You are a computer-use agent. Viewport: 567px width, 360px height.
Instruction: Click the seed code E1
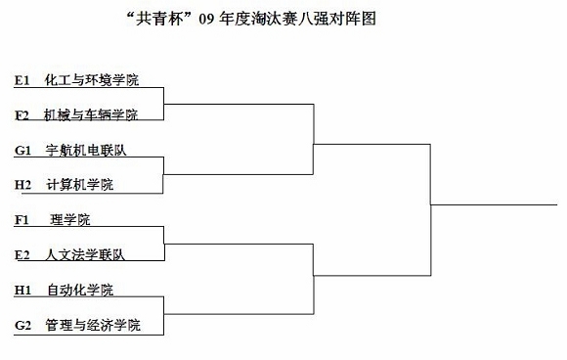coord(22,80)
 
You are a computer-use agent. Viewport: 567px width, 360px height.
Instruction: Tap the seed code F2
coord(22,115)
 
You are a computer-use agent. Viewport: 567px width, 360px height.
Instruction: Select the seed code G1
coord(22,151)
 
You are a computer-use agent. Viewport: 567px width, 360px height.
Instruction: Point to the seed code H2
coord(22,185)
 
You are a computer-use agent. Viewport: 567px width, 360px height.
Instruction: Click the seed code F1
coord(22,220)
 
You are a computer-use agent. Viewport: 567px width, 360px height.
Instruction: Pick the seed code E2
coord(22,255)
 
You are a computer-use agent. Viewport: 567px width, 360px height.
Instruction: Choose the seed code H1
coord(22,291)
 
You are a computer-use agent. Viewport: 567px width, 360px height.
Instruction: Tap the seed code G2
coord(22,325)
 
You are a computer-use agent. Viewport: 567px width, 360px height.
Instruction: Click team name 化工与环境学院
coord(92,80)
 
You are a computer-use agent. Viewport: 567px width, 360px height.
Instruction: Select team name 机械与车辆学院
coord(91,115)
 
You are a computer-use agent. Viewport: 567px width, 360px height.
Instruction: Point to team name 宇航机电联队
coord(86,150)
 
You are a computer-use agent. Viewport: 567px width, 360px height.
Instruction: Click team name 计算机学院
coord(80,185)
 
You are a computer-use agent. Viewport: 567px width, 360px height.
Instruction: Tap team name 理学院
coord(70,219)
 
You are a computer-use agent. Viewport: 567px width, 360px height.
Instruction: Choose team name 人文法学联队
coord(85,254)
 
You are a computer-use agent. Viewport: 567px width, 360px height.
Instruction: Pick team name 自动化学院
coord(80,290)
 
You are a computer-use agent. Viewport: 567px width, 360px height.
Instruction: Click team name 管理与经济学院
coord(93,325)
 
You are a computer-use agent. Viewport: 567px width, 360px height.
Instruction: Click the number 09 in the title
coord(206,19)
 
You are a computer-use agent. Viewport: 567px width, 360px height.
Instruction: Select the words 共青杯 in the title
coord(159,19)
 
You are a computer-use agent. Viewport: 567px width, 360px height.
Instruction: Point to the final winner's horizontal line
coord(494,204)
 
